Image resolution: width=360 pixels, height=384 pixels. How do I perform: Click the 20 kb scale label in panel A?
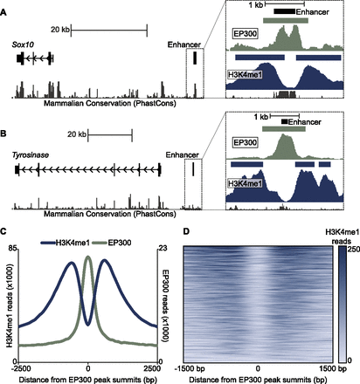(60, 29)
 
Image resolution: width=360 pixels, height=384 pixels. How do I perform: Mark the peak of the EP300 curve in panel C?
(88, 255)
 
